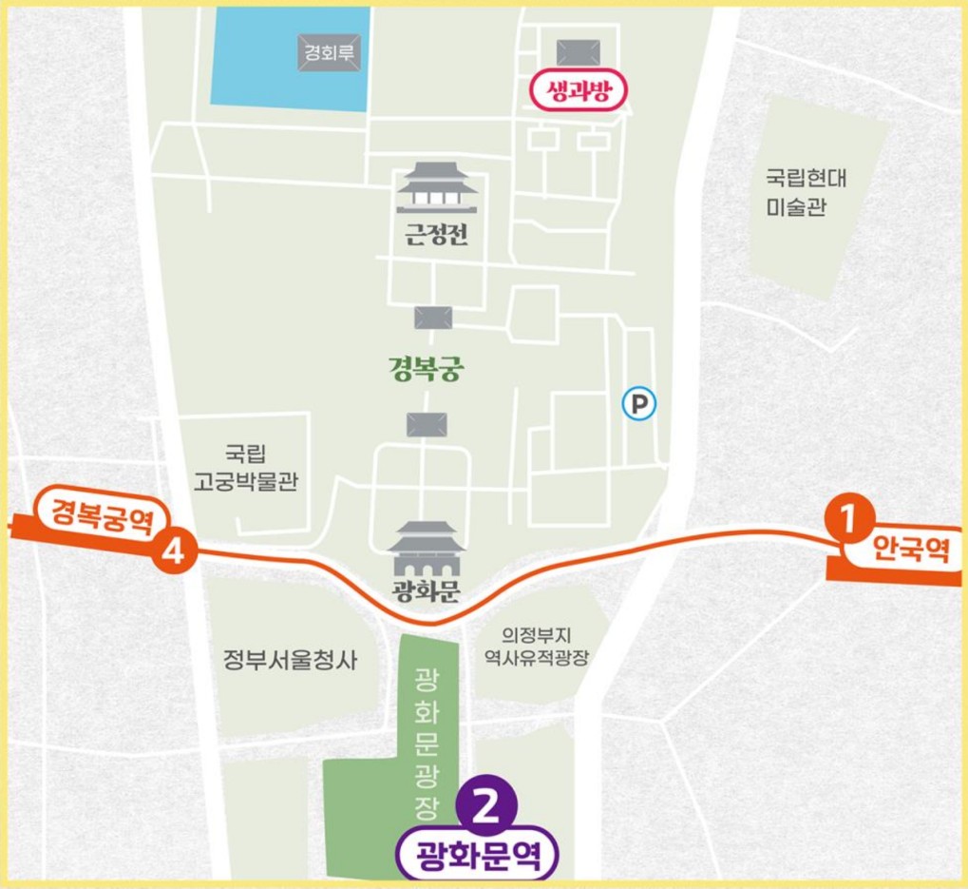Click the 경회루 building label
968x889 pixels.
[329, 52]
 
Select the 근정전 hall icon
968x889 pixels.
[436, 188]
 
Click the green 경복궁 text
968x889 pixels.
[426, 368]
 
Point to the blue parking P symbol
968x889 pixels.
[639, 405]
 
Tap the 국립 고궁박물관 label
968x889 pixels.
[246, 468]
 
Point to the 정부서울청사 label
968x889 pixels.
[290, 660]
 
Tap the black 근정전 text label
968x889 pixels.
[436, 236]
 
